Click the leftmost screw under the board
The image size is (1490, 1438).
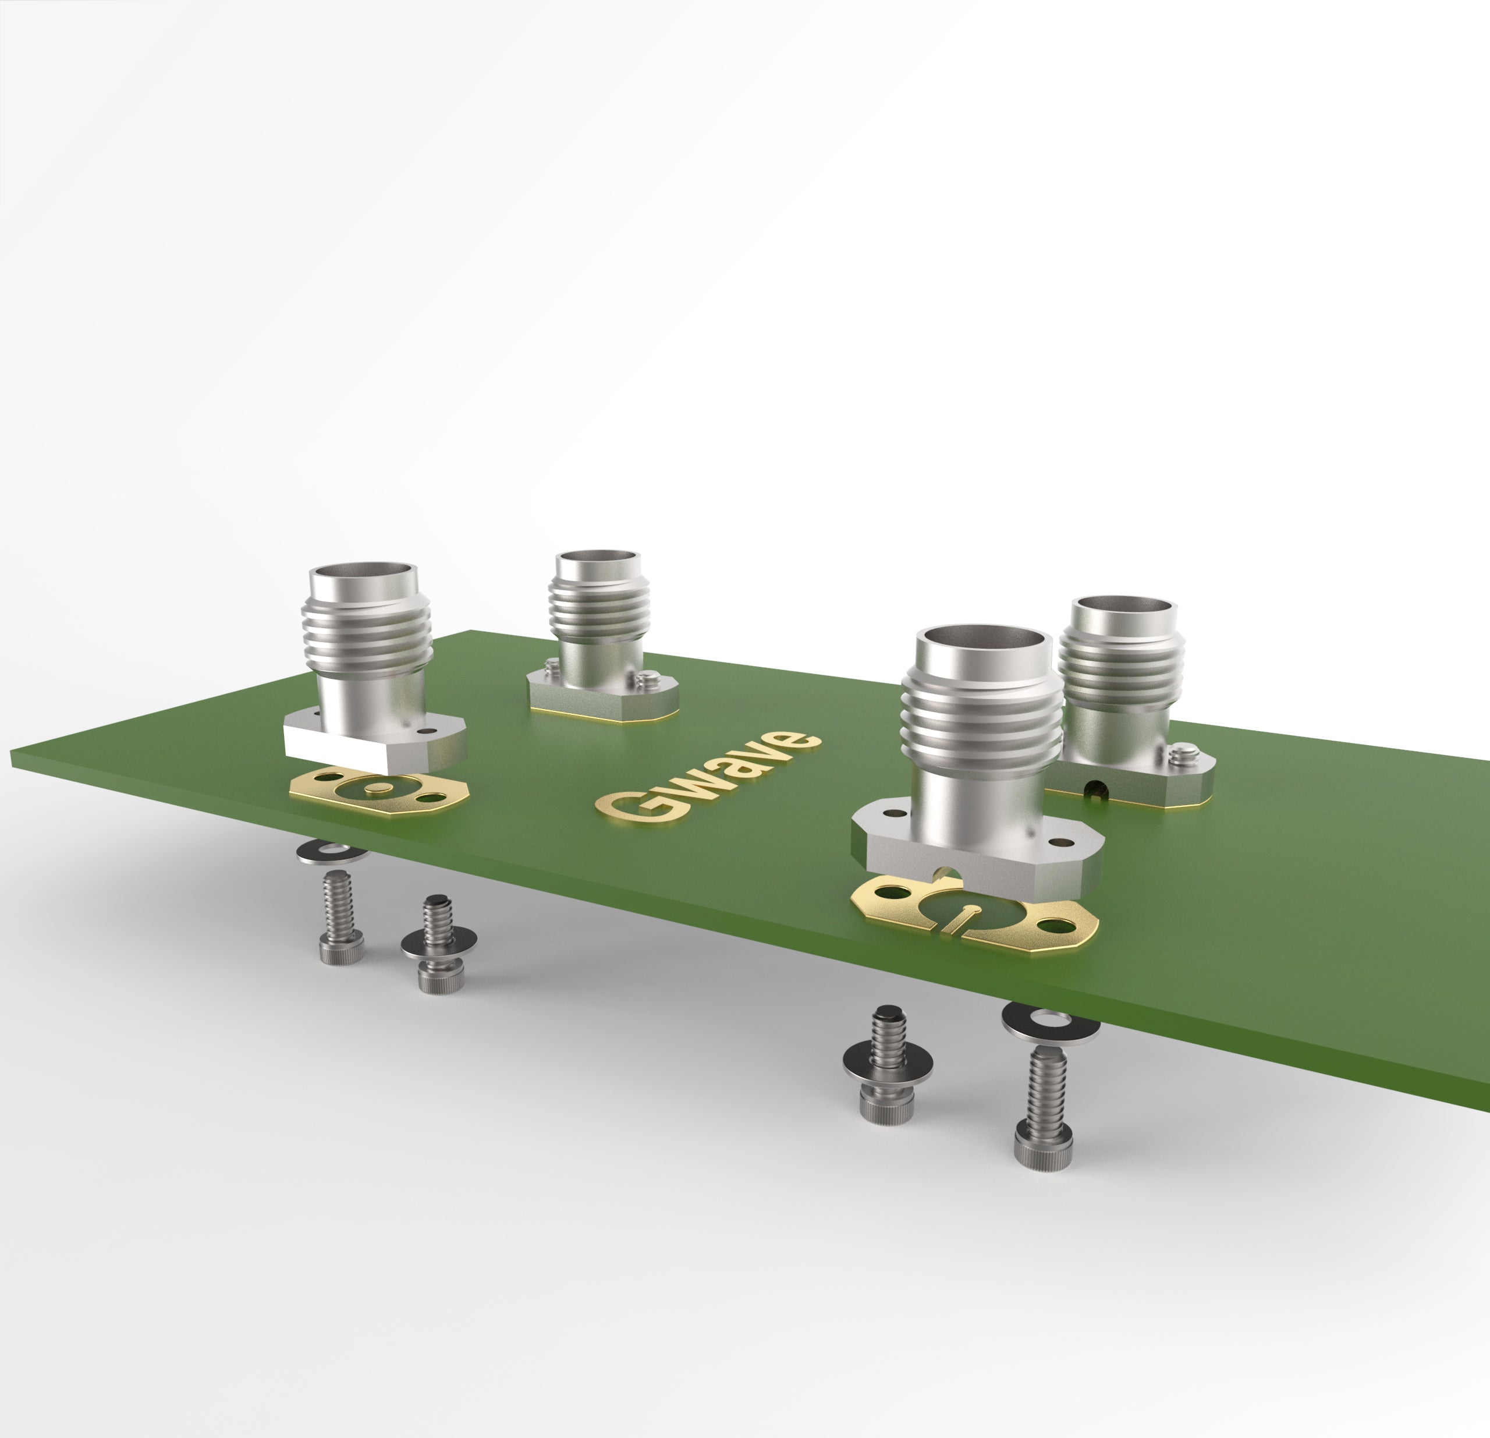pos(340,919)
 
